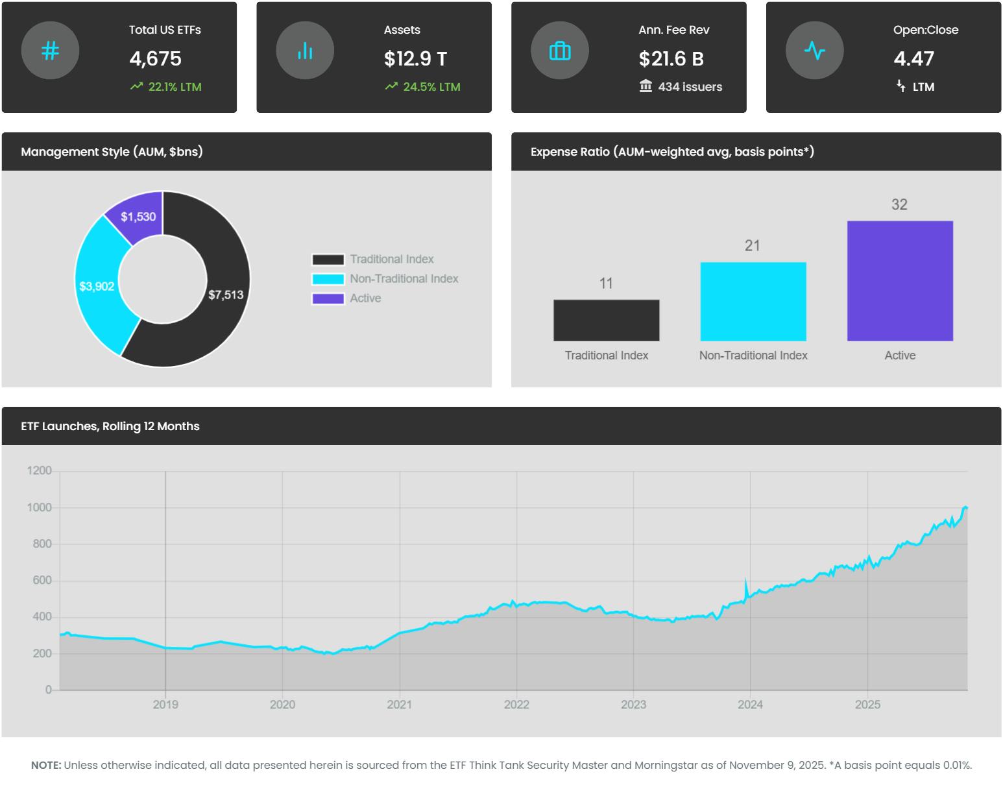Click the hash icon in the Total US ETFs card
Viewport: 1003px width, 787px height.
coord(50,51)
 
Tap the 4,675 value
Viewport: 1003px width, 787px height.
coord(155,59)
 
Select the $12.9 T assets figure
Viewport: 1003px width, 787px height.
coord(415,59)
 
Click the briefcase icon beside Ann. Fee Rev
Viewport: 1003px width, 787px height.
coord(560,51)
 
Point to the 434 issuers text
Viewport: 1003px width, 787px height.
coord(690,87)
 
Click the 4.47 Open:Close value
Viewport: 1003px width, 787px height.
coord(913,59)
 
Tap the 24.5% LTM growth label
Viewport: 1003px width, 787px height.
coord(431,87)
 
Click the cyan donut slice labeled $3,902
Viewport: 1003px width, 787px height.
coord(97,286)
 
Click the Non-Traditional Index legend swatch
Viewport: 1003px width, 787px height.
coord(328,279)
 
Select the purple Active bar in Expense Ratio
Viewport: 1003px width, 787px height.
coord(900,281)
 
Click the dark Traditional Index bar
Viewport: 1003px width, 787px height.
coord(606,321)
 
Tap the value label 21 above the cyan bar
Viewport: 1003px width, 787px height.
coord(753,246)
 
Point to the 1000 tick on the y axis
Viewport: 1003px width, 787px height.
coord(38,507)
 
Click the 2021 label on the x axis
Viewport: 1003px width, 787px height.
coord(399,705)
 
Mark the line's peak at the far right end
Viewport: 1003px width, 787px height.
coord(965,507)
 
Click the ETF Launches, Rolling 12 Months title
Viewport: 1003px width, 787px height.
coord(110,426)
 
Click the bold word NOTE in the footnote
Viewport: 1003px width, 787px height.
coord(46,766)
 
